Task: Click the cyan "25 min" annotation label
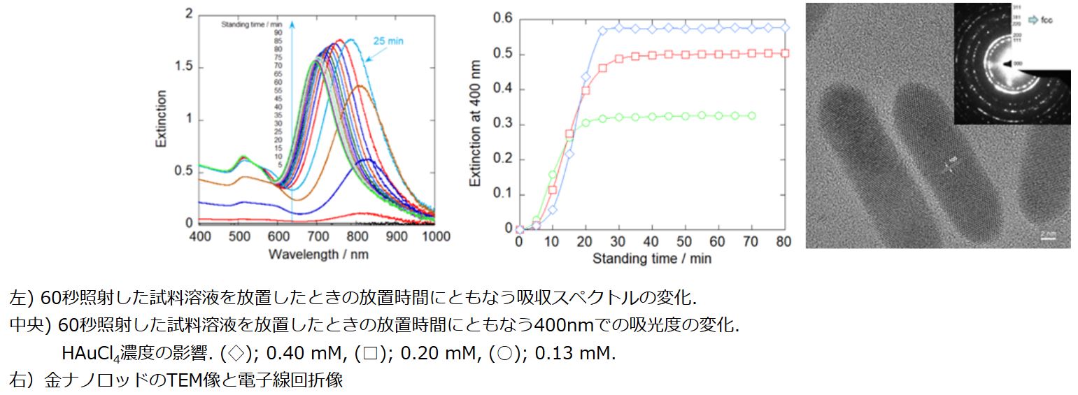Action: (387, 41)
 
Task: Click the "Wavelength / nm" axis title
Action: (318, 254)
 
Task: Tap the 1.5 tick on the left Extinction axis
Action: (184, 67)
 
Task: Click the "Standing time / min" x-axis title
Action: (652, 259)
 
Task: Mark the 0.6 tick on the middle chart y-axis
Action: (503, 18)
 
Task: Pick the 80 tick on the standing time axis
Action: (784, 242)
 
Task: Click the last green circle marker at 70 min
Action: (752, 115)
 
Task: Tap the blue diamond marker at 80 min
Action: (785, 28)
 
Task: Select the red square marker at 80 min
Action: (785, 53)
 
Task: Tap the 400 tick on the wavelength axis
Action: (200, 236)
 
